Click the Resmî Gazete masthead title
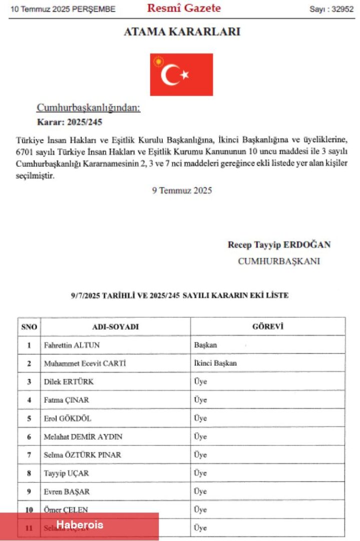pyautogui.click(x=184, y=8)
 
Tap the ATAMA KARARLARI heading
pyautogui.click(x=182, y=32)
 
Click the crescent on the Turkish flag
pyautogui.click(x=171, y=75)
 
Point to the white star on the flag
pyautogui.click(x=185, y=75)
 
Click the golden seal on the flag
pyautogui.click(x=159, y=62)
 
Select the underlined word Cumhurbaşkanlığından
pyautogui.click(x=89, y=108)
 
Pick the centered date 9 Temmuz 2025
pyautogui.click(x=182, y=190)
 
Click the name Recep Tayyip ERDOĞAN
pyautogui.click(x=279, y=245)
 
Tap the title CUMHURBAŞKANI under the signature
pyautogui.click(x=279, y=261)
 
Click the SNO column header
pyautogui.click(x=29, y=327)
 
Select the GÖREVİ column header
pyautogui.click(x=267, y=327)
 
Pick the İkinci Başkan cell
pyautogui.click(x=215, y=363)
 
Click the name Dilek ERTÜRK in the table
pyautogui.click(x=69, y=382)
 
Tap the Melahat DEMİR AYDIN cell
pyautogui.click(x=83, y=437)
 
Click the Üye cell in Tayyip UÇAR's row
pyautogui.click(x=200, y=473)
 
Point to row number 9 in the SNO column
pyautogui.click(x=29, y=491)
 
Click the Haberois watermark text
pyautogui.click(x=80, y=525)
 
